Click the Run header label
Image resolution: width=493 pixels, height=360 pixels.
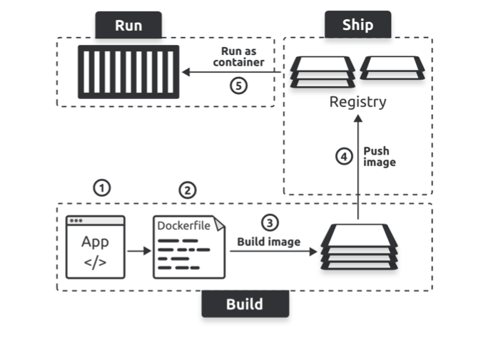(x=128, y=26)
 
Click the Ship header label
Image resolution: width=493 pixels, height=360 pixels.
(x=357, y=25)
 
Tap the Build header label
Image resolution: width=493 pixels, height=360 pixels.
(x=245, y=304)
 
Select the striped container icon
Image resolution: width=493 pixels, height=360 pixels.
(x=129, y=72)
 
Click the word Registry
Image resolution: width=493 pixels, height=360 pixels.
(x=357, y=102)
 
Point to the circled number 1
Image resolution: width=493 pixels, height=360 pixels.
(x=103, y=187)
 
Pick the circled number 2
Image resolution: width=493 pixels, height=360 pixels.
(x=187, y=190)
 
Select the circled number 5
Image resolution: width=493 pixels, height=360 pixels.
(x=239, y=84)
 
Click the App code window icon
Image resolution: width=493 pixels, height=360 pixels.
(x=95, y=247)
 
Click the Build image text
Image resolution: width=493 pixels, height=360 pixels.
(x=268, y=242)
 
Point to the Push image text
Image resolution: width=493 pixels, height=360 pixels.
(x=379, y=157)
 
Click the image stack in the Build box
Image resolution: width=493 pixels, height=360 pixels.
(x=357, y=247)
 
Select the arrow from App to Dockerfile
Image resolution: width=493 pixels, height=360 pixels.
(x=138, y=250)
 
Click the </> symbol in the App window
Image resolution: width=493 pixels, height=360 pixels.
(x=95, y=262)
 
